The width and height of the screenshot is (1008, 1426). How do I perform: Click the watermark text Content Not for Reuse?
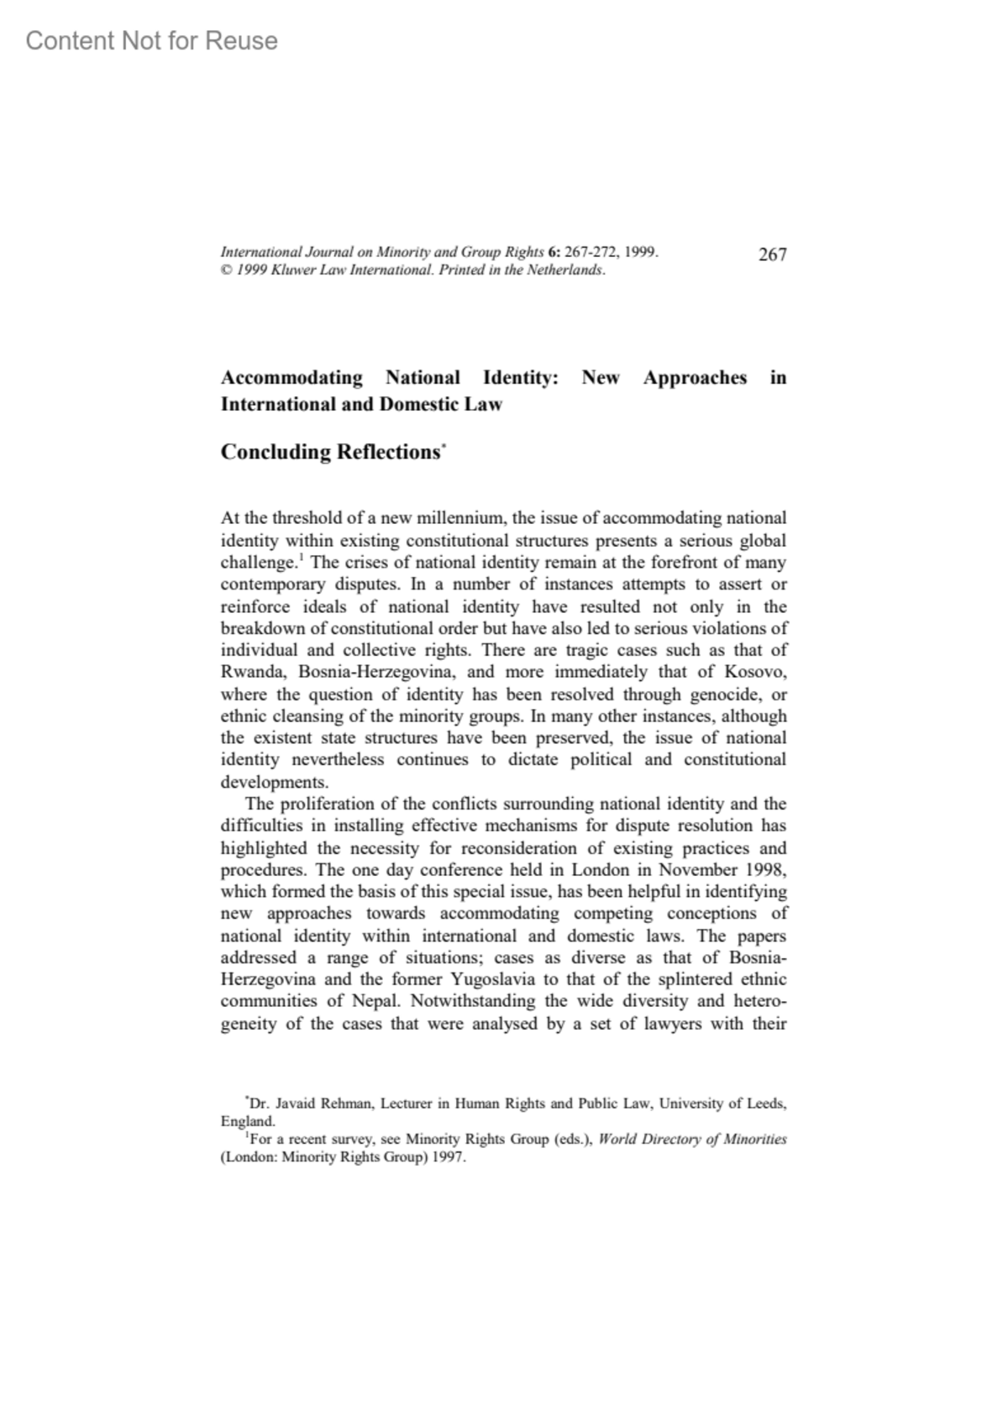(151, 40)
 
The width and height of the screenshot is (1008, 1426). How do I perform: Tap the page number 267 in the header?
(772, 254)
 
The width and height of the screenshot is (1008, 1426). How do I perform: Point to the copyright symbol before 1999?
(225, 270)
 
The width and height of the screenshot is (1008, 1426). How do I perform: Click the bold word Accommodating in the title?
(291, 378)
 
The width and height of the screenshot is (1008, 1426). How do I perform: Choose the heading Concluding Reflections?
(330, 452)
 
